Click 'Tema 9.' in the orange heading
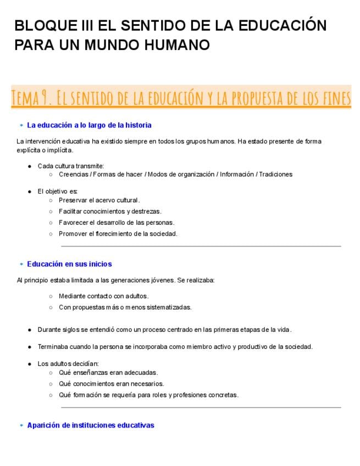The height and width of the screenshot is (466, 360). [32, 98]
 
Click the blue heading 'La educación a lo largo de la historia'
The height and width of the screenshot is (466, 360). [89, 125]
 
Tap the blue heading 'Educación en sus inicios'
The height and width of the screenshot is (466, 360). [69, 264]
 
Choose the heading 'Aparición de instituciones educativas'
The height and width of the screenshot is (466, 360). [91, 425]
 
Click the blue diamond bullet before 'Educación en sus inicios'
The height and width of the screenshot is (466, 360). [21, 264]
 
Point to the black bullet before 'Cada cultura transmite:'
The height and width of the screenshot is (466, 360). [30, 166]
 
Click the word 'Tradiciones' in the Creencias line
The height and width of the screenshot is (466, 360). [276, 174]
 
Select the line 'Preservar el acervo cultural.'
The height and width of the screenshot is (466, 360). [99, 200]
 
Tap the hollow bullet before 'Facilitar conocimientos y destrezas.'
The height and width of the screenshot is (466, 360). [51, 212]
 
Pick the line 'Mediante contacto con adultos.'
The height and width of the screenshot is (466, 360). [103, 296]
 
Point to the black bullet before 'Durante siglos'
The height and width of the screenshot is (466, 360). [30, 330]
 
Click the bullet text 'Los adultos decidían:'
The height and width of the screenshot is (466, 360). [68, 364]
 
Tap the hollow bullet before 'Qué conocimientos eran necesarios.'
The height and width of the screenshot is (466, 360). [51, 384]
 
